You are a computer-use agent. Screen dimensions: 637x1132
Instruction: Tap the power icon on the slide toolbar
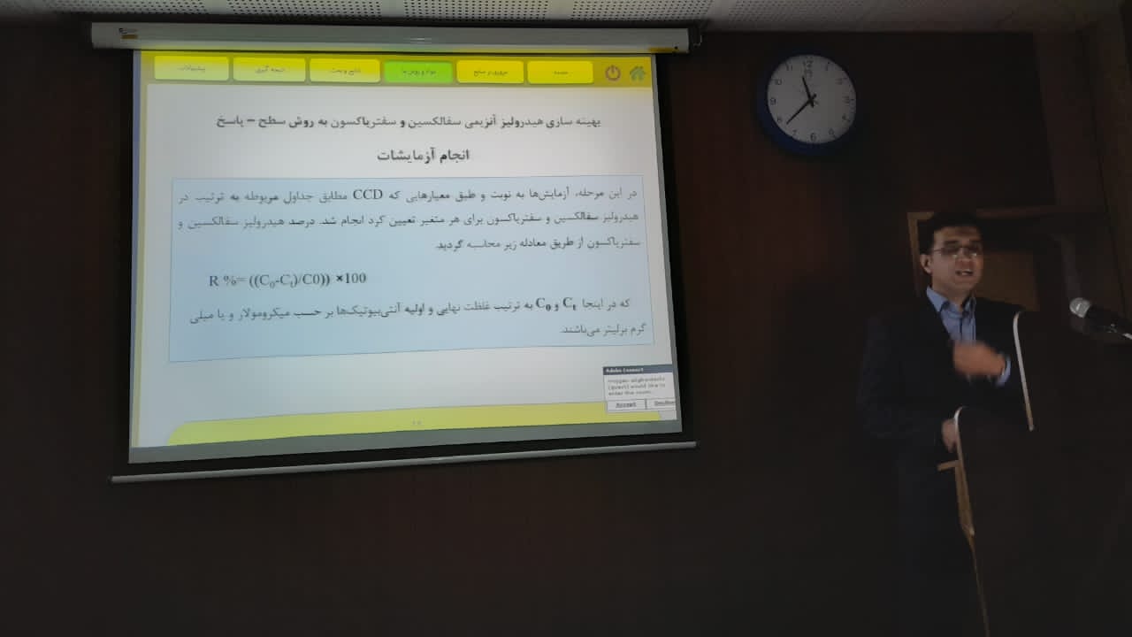click(x=613, y=73)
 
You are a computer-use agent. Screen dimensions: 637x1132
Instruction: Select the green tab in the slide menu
click(x=417, y=71)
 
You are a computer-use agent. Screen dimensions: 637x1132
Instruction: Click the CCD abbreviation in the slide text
click(x=366, y=195)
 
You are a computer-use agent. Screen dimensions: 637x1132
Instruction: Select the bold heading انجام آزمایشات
click(x=424, y=156)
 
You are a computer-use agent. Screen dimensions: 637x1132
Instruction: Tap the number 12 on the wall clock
click(x=807, y=65)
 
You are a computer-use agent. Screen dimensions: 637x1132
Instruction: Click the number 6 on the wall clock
click(x=813, y=136)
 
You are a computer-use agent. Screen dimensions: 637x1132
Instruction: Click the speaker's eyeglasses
click(x=955, y=251)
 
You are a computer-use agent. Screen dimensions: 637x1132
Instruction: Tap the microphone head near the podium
click(x=1081, y=307)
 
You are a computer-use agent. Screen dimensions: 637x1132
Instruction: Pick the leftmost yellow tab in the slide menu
click(x=191, y=68)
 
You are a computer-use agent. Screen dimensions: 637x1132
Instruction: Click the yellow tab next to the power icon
click(x=560, y=72)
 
